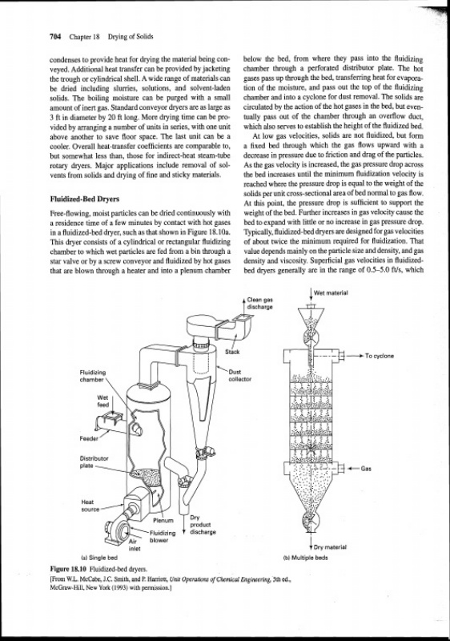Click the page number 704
coord(55,37)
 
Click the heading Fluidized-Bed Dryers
coord(85,199)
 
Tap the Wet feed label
coord(103,401)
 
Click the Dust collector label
coord(240,375)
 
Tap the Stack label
coord(232,352)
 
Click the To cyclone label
coord(380,356)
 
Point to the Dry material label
coord(330,547)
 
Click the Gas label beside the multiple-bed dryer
coord(366,469)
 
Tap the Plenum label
coord(163,521)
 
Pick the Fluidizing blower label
coord(163,536)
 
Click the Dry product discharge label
coord(203,525)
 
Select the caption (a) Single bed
coord(99,557)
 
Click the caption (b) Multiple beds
coord(305,557)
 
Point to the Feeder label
coord(89,438)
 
